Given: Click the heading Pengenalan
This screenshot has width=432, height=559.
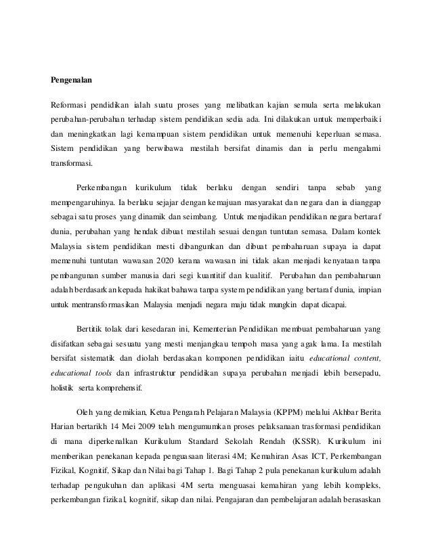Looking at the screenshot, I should coord(72,79).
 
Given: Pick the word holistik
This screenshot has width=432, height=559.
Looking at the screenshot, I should coord(60,389).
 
